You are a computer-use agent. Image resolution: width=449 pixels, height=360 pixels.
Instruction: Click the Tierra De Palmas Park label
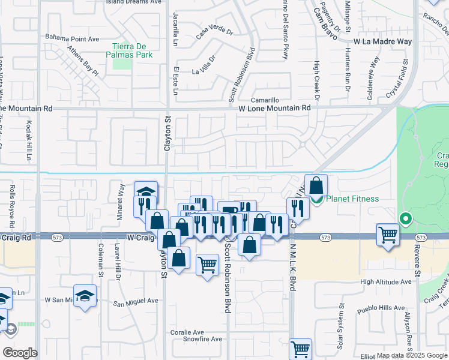click(133, 50)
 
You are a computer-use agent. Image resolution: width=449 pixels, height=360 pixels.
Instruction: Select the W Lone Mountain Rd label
click(274, 108)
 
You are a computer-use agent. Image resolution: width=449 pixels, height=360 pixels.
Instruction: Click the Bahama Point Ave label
click(72, 39)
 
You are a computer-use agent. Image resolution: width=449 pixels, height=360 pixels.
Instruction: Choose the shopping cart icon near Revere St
click(388, 234)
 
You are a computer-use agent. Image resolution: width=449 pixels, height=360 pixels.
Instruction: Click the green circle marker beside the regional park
click(406, 220)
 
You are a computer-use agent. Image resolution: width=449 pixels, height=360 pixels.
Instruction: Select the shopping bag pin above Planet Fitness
click(316, 185)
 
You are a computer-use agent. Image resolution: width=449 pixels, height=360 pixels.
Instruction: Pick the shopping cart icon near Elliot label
click(300, 349)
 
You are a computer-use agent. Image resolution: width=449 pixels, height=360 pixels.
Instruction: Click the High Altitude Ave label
click(386, 281)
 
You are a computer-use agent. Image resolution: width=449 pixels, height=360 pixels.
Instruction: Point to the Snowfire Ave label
click(202, 339)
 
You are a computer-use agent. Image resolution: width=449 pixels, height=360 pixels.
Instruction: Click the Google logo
click(20, 352)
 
